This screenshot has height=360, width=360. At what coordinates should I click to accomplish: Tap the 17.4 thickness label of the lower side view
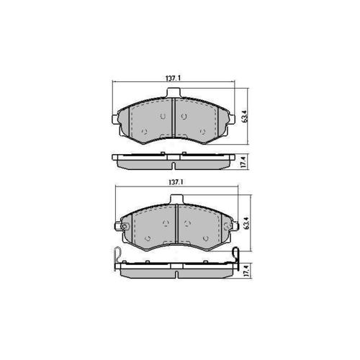click(246, 271)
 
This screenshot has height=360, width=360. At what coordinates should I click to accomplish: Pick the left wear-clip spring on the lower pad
click(117, 253)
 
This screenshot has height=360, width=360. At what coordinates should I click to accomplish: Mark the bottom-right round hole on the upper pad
click(202, 131)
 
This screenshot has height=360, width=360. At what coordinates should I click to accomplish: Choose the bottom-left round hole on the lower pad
click(147, 238)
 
